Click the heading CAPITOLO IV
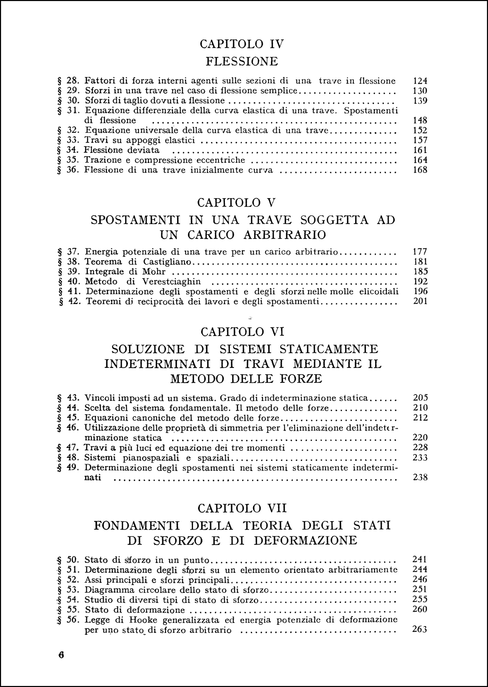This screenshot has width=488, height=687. point(242,44)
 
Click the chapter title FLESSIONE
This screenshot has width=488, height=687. point(242,61)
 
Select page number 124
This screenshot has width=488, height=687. point(420,81)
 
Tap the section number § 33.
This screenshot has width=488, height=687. point(68,140)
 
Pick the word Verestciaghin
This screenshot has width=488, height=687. point(172,282)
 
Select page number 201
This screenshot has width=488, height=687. point(420,302)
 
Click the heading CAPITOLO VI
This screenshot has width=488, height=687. point(242,332)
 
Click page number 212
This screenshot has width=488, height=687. point(421,418)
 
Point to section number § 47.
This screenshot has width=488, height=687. point(68,448)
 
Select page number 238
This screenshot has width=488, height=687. point(420,477)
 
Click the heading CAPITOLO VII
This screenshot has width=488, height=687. point(242,508)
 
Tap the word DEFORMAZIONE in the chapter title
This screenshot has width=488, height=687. point(305,540)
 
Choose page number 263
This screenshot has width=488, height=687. point(420,630)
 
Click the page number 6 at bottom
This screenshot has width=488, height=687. point(61,655)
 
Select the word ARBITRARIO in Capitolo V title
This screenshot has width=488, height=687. point(285,235)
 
